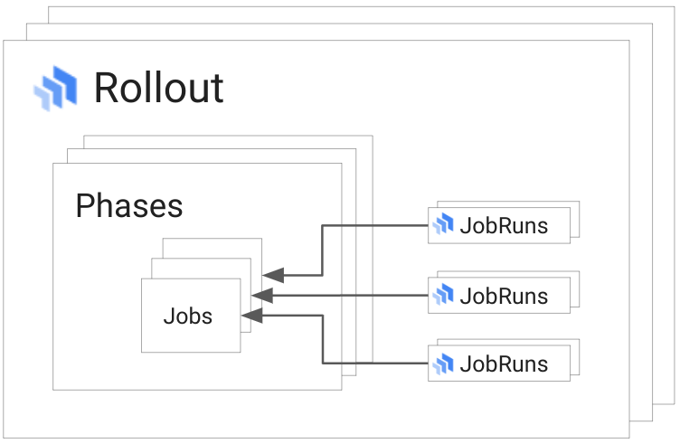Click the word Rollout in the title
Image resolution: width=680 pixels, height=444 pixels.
(158, 89)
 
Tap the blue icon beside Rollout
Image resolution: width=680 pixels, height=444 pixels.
(56, 88)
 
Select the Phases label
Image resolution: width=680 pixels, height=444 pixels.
(128, 206)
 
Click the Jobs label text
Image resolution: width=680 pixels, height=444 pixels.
(188, 316)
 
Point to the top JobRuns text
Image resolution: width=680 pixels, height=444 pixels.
(504, 225)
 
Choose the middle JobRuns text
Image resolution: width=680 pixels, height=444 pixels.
(504, 296)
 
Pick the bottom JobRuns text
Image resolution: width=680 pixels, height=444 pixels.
(504, 364)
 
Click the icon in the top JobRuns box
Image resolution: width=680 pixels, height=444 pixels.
(443, 225)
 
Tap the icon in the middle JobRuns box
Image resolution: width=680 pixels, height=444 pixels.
(443, 295)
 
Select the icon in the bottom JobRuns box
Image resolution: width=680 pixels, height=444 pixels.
(443, 364)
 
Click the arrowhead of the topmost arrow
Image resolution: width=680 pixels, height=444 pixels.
(273, 274)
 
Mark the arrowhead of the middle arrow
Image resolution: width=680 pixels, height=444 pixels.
(262, 295)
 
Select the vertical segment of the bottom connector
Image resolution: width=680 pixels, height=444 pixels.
(323, 340)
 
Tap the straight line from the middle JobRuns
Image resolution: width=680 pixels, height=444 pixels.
(362, 295)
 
